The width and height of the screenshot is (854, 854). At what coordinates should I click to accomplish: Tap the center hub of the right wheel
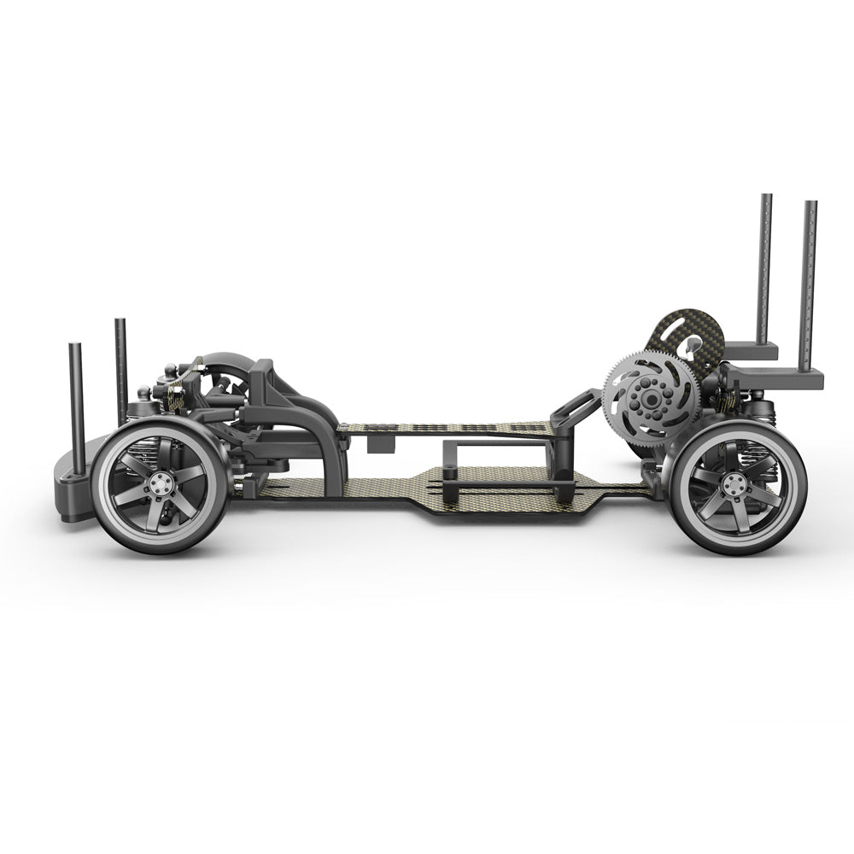(x=734, y=486)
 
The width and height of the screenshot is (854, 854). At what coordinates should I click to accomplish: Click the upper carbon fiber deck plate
(x=444, y=428)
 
